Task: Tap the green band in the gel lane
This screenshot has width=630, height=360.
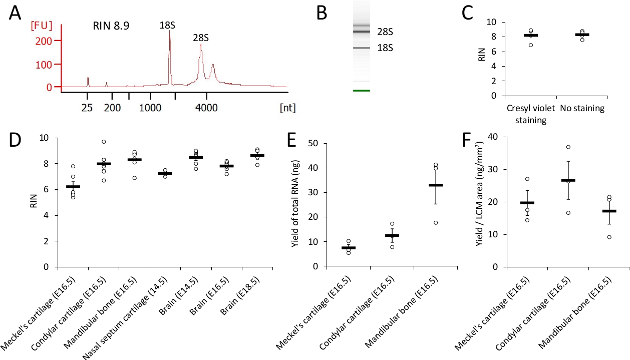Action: (x=362, y=91)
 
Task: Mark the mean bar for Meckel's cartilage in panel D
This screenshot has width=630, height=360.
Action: (x=74, y=186)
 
